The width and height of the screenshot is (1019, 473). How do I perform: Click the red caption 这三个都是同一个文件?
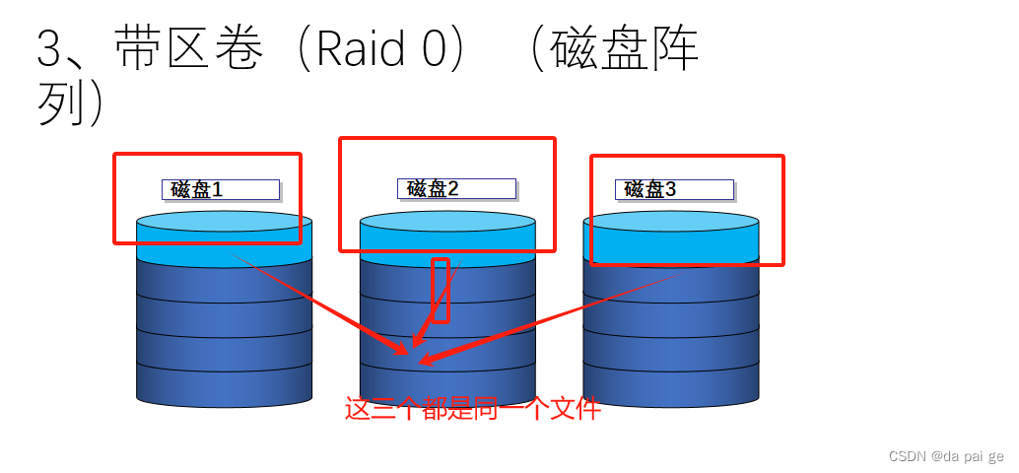pos(472,409)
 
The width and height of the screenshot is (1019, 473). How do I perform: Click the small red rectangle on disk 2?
pos(442,291)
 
